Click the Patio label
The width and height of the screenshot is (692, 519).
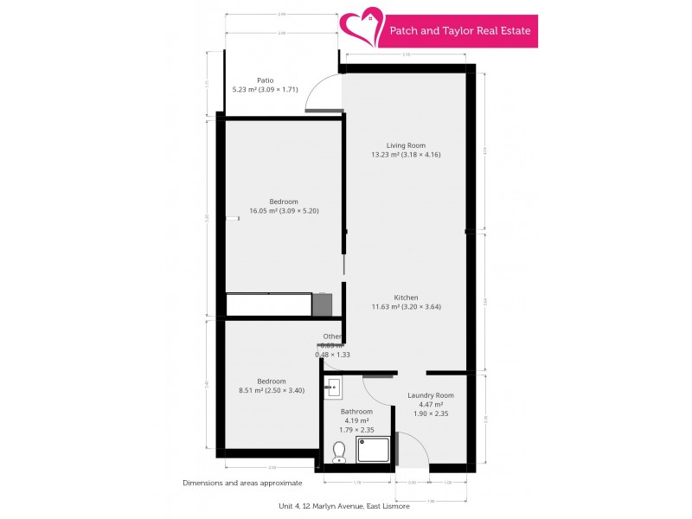pyautogui.click(x=265, y=80)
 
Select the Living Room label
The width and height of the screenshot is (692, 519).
pyautogui.click(x=406, y=145)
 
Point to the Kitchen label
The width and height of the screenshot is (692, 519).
pyautogui.click(x=406, y=298)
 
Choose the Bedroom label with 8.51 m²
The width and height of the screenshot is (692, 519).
pyautogui.click(x=271, y=381)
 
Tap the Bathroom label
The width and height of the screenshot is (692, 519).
pyautogui.click(x=356, y=412)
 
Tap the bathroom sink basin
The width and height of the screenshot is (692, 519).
pyautogui.click(x=334, y=387)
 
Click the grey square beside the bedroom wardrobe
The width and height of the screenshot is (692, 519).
pyautogui.click(x=322, y=304)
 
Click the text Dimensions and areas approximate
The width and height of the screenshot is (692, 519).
pyautogui.click(x=242, y=483)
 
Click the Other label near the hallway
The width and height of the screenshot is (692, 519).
pyautogui.click(x=333, y=336)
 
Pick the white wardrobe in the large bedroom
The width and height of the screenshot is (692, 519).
pyautogui.click(x=268, y=304)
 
